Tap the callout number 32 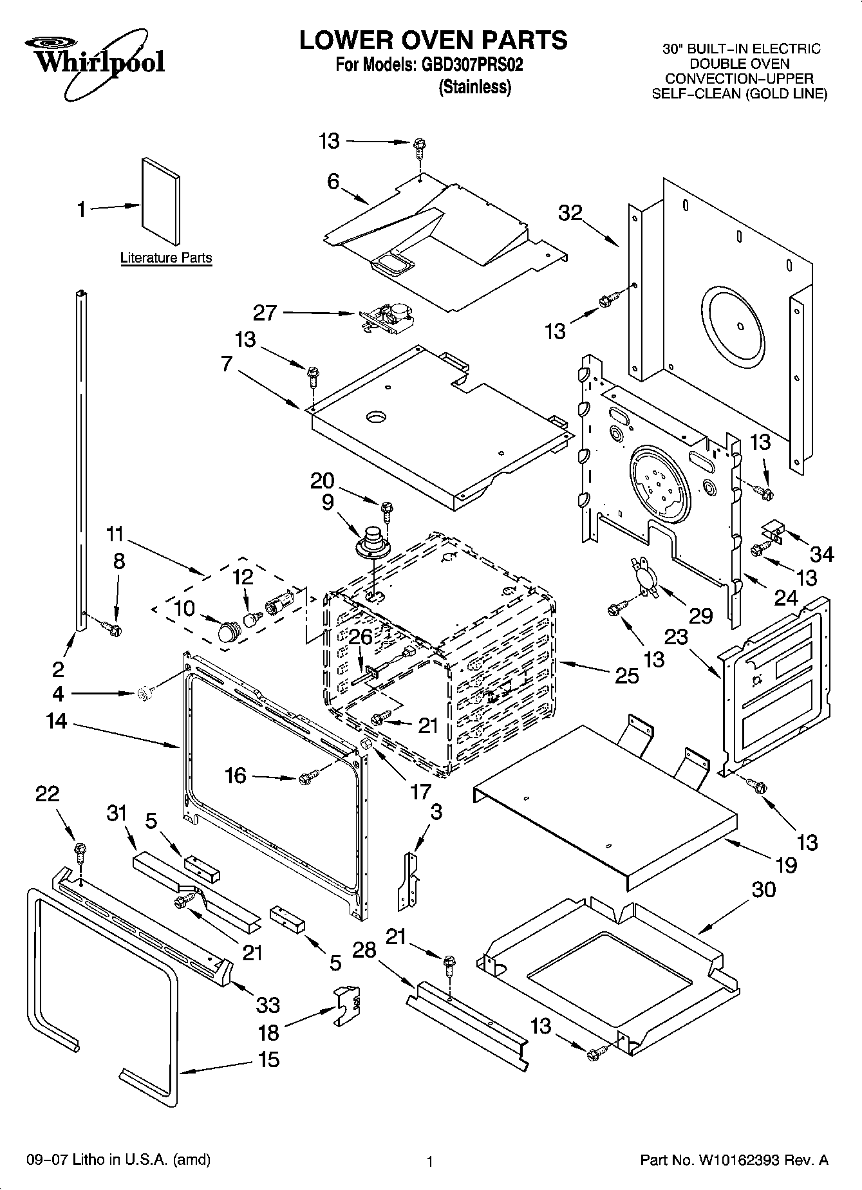pyautogui.click(x=570, y=213)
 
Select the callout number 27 pyautogui.click(x=265, y=313)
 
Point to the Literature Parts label pyautogui.click(x=166, y=258)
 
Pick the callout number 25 pyautogui.click(x=627, y=675)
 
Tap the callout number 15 pyautogui.click(x=268, y=1059)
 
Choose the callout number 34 pyautogui.click(x=821, y=553)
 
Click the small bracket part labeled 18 pyautogui.click(x=346, y=1005)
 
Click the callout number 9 pyautogui.click(x=328, y=502)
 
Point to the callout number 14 pyautogui.click(x=57, y=721)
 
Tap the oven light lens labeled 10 pyautogui.click(x=227, y=632)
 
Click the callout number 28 pyautogui.click(x=364, y=950)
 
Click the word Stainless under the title pyautogui.click(x=474, y=88)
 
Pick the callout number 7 pyautogui.click(x=226, y=364)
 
